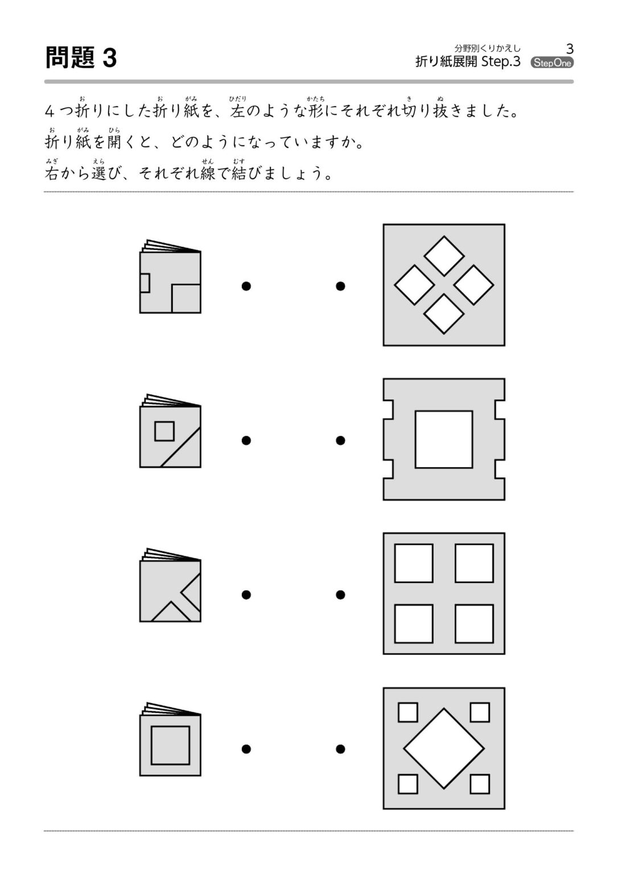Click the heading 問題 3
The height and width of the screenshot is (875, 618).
coord(81,58)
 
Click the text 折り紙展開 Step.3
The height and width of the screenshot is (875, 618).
coord(468,62)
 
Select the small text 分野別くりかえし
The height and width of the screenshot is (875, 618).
coord(487,48)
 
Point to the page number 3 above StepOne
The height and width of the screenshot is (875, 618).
coord(570,48)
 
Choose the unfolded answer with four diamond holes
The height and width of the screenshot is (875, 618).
coord(444,285)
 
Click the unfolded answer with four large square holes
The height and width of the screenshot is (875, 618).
coord(444,594)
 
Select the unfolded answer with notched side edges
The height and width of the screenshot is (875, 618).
coord(444,439)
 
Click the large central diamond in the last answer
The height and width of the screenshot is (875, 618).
coord(444,749)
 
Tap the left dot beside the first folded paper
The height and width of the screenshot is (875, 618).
coord(246,286)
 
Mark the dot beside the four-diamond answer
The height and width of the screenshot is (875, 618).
coord(340,286)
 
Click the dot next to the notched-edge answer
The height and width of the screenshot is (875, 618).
coord(340,440)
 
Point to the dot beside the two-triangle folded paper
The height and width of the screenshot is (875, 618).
coord(246,595)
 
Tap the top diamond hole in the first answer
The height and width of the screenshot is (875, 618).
coord(444,256)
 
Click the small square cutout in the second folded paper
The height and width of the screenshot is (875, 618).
coord(164,431)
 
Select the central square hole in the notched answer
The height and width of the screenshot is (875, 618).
coord(444,439)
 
